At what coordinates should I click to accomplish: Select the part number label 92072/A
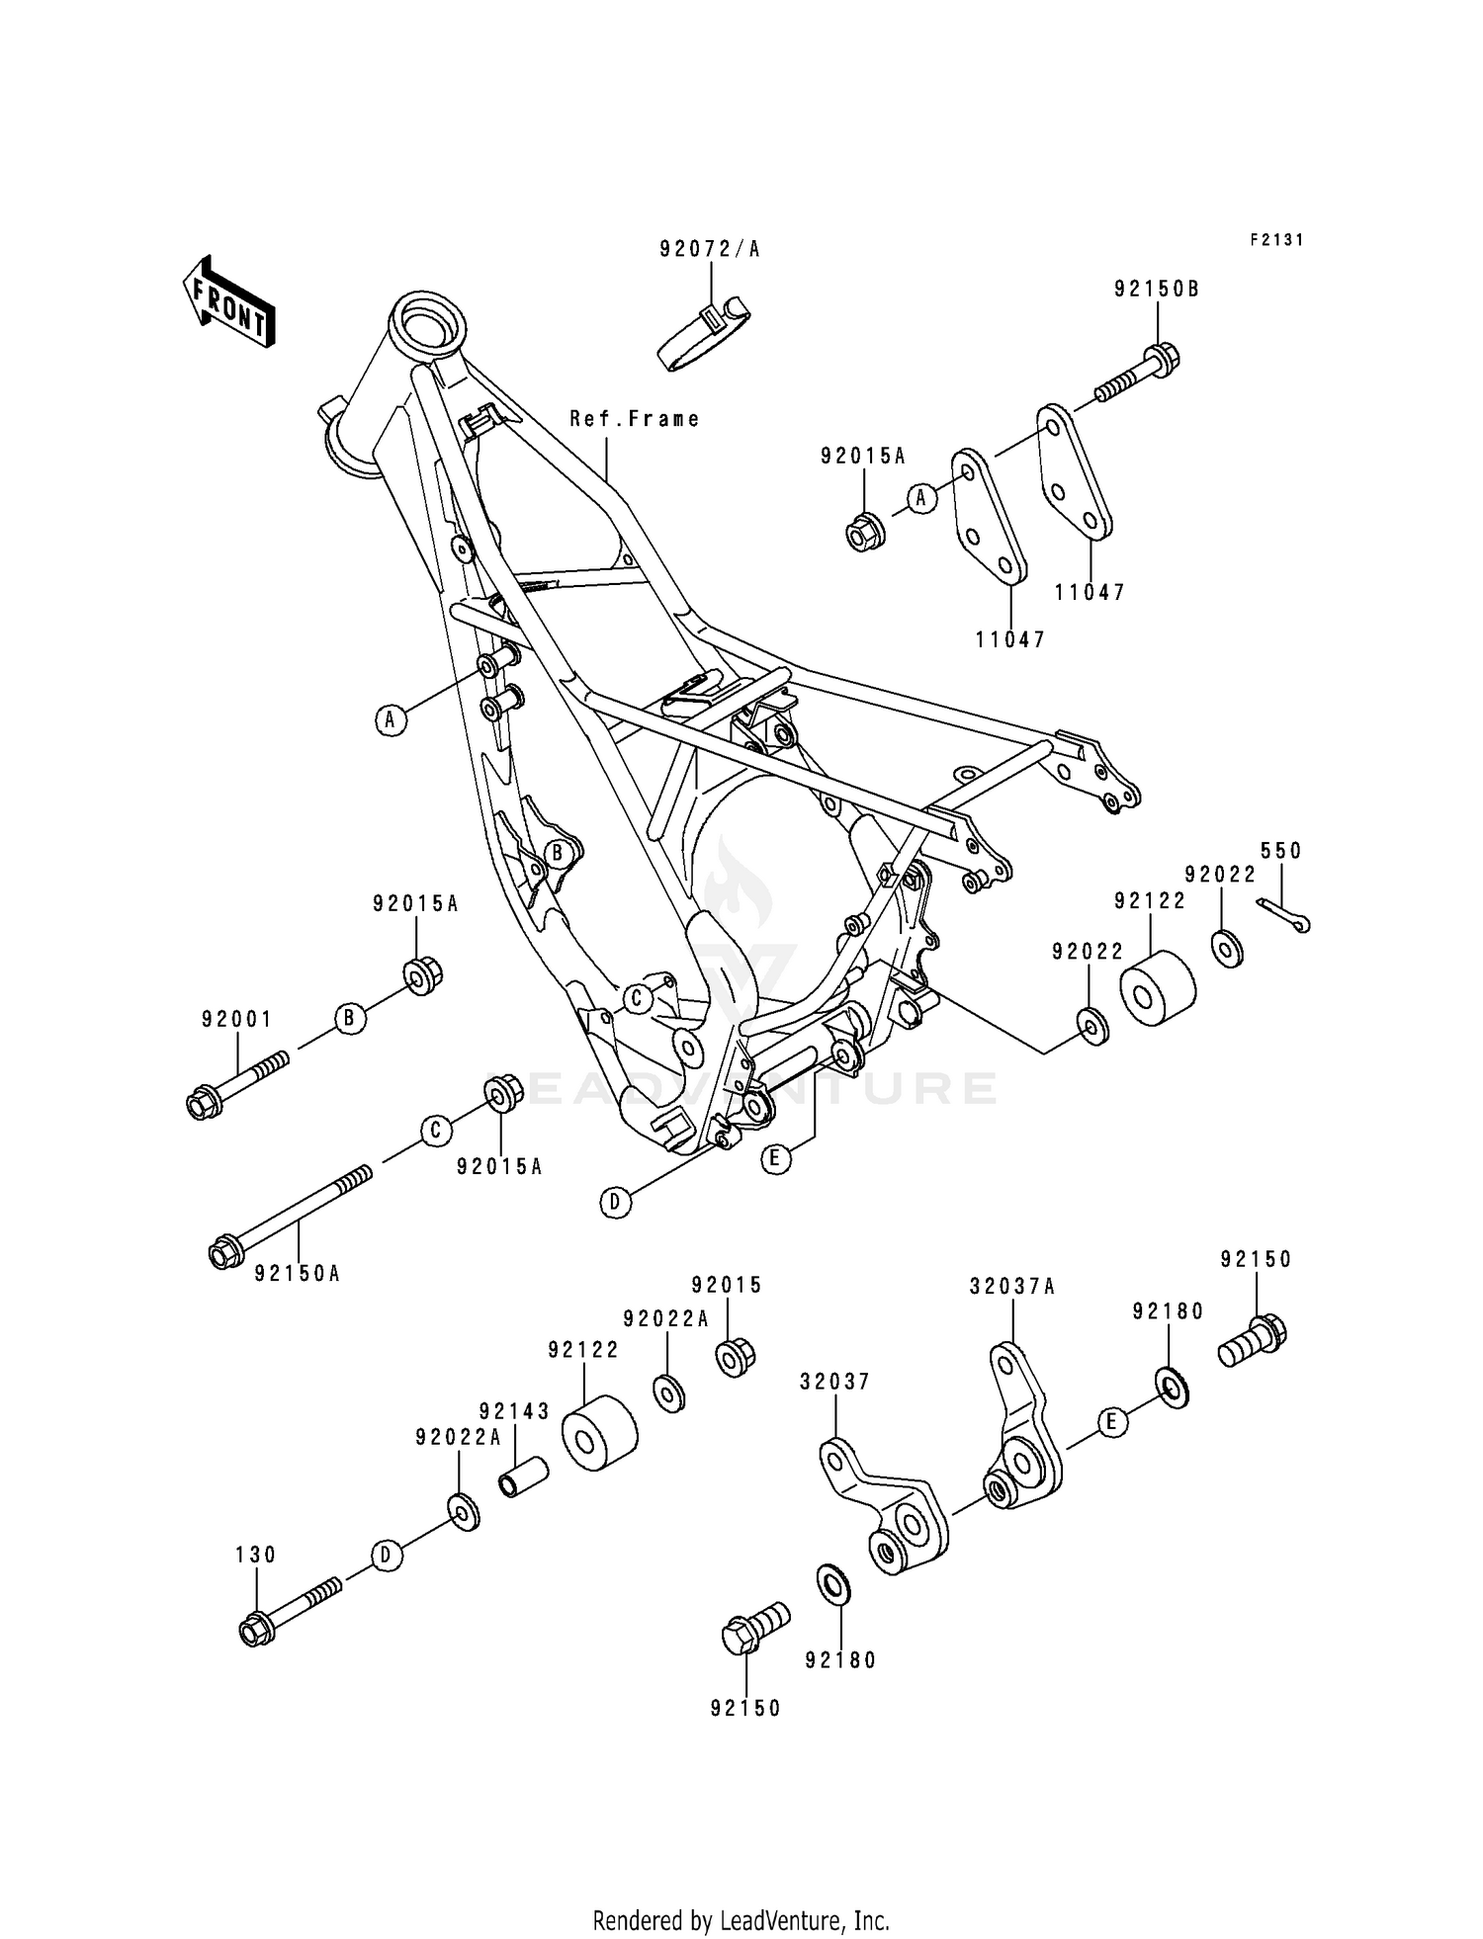click(x=710, y=249)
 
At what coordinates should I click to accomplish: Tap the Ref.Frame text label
click(x=634, y=419)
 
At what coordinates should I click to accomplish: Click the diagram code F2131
click(x=1276, y=240)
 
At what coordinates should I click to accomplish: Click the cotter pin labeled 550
click(x=1284, y=914)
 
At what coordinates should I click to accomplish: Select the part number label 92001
click(x=236, y=1019)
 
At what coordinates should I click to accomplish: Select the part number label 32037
click(x=834, y=1382)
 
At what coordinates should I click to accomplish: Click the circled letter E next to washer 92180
click(x=1112, y=1423)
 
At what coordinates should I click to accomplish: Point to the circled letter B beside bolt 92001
click(x=350, y=1018)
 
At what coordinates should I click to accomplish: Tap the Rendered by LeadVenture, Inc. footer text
click(x=741, y=1894)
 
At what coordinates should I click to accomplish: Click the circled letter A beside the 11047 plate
click(x=921, y=499)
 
